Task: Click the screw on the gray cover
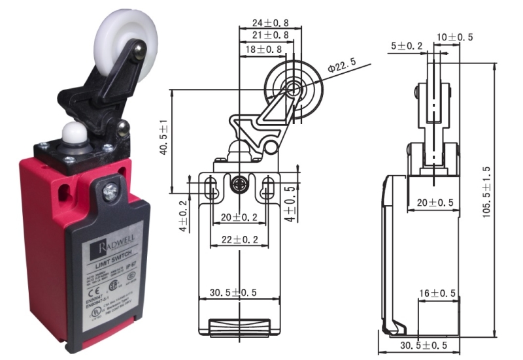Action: click(110, 191)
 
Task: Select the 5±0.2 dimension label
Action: click(407, 46)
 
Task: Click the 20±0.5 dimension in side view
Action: click(437, 203)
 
